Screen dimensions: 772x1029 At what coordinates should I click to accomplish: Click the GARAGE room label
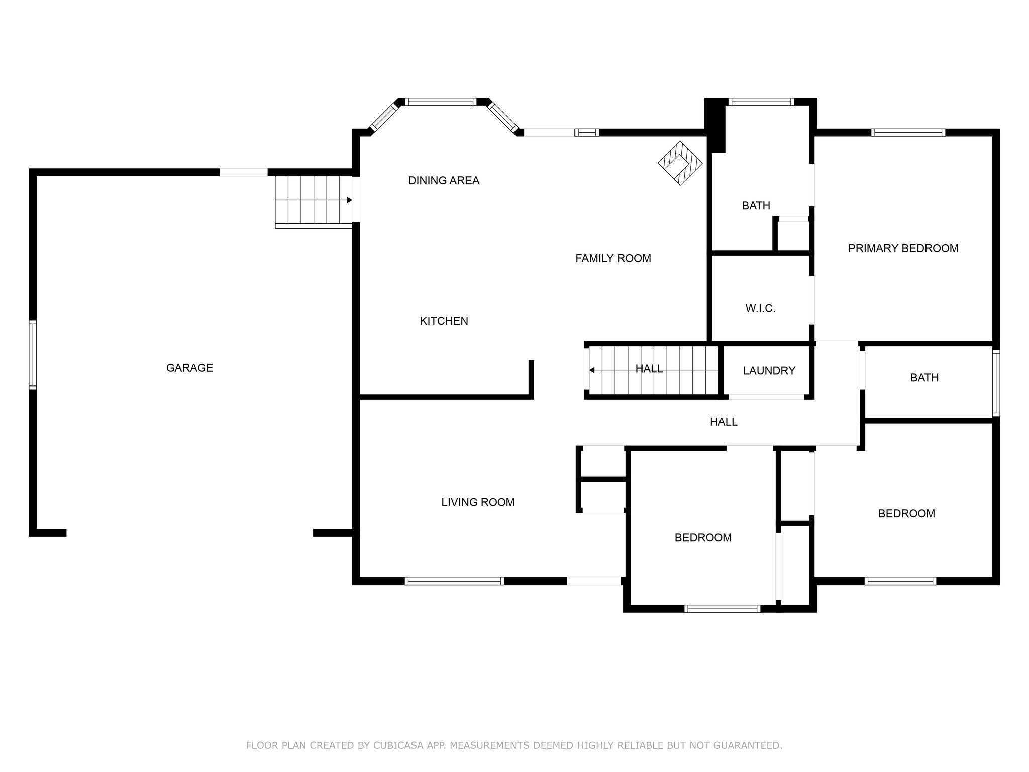[x=189, y=368]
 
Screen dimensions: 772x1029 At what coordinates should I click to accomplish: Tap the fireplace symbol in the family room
[x=680, y=163]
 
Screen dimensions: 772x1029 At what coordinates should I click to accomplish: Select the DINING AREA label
[x=444, y=181]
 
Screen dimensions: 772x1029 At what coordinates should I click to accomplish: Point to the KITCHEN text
[x=444, y=321]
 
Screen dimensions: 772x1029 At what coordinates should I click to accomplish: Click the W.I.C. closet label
[x=760, y=309]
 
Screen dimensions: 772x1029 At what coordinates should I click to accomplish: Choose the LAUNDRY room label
[x=769, y=371]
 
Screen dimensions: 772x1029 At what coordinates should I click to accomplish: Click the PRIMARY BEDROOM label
[x=903, y=248]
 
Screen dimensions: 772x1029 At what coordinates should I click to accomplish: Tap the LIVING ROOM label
[x=478, y=502]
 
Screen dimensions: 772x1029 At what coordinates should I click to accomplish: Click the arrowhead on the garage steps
[x=349, y=200]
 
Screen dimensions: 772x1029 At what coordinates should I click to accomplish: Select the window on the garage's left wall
[x=33, y=354]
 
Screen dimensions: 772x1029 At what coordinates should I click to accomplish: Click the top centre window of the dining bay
[x=441, y=102]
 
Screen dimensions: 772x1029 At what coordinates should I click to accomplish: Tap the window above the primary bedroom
[x=908, y=133]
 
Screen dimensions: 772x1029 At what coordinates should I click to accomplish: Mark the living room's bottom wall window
[x=454, y=581]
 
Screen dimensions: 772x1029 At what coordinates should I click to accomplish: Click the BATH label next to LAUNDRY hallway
[x=924, y=378]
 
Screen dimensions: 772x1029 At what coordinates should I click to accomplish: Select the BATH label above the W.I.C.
[x=756, y=205]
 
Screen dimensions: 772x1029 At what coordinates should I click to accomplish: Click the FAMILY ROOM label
[x=613, y=258]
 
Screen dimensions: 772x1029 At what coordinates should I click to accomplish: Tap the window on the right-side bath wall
[x=996, y=383]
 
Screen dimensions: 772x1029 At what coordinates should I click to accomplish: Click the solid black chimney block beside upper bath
[x=715, y=125]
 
